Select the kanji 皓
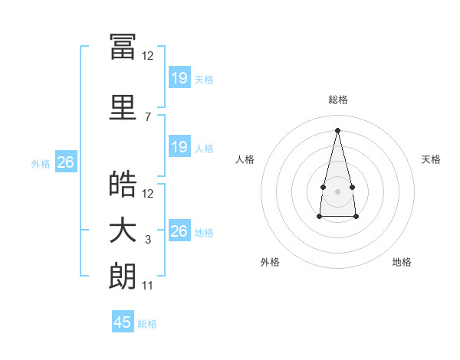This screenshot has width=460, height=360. pos(123,184)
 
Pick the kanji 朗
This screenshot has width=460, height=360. pos(123,277)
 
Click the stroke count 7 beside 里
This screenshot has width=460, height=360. pos(148,116)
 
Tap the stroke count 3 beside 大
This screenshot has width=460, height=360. pos(148,240)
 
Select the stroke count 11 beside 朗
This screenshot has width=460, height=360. pos(148,286)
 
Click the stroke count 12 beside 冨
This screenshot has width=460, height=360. pos(148,55)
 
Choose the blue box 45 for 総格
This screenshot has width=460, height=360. pos(123,322)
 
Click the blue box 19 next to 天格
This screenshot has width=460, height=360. pos(179,77)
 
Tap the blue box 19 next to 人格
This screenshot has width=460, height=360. pos(179,147)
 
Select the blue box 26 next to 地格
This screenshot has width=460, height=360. pos(179,231)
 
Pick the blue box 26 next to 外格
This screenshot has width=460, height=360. pos(66,162)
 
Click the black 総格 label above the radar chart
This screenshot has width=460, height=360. pos(338,100)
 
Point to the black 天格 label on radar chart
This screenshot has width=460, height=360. pos(432,159)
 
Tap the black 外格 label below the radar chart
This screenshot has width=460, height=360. pos(270,262)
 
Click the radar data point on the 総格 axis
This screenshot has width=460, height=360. pos(337,129)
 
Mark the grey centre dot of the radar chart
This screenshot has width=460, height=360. pos(337,190)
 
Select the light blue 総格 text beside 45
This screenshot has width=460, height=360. pos(147,324)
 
